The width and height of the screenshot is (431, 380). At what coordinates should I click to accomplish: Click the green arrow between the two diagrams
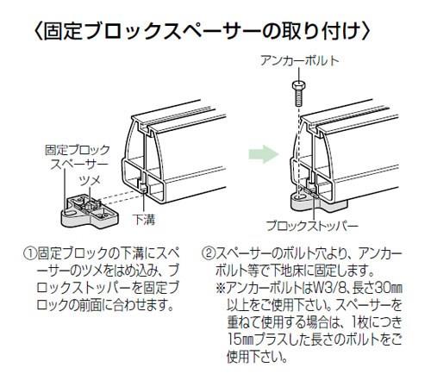264,154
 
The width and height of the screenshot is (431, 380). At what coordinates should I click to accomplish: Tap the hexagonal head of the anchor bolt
298,85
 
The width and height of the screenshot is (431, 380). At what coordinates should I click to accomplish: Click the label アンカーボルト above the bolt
300,61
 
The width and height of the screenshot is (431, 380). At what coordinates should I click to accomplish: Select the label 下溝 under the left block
145,220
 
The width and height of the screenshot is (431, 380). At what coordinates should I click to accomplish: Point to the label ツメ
90,181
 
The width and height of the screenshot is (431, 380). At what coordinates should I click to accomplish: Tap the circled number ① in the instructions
29,254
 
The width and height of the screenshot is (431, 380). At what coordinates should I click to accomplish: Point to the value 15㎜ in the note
241,340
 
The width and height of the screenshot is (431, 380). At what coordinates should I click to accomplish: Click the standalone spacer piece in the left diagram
90,212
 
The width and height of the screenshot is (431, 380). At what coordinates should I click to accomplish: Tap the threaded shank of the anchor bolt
299,98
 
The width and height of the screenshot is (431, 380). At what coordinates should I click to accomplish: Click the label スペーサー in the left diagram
79,165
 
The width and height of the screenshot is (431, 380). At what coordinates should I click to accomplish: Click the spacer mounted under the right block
318,203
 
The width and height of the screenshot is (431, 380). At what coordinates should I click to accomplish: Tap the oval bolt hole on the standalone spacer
70,213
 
